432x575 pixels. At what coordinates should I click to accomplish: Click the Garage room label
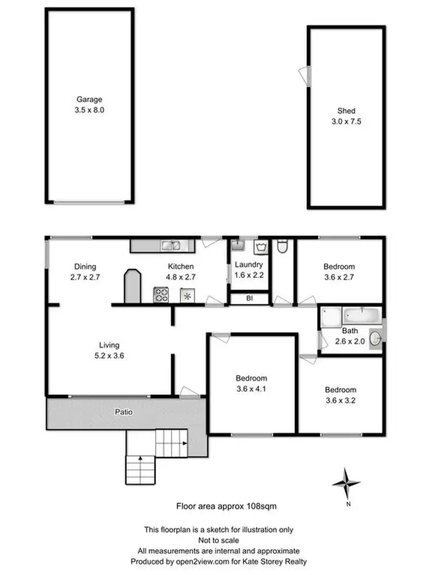tap(90, 99)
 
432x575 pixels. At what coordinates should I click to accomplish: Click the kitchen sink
tap(170, 246)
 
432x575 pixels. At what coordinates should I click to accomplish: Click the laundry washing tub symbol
tap(261, 248)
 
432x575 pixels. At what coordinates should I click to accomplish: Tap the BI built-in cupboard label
tap(249, 299)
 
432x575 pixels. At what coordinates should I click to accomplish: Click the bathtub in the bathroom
tap(361, 316)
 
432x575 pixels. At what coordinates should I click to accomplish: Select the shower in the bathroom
tap(331, 316)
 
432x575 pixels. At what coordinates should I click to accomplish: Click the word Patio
tap(123, 412)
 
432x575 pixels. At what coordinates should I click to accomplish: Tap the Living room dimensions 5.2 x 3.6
tap(109, 355)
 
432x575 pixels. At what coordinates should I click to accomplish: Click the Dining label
tap(85, 266)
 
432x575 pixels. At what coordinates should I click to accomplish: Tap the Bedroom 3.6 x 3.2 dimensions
tap(339, 400)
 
